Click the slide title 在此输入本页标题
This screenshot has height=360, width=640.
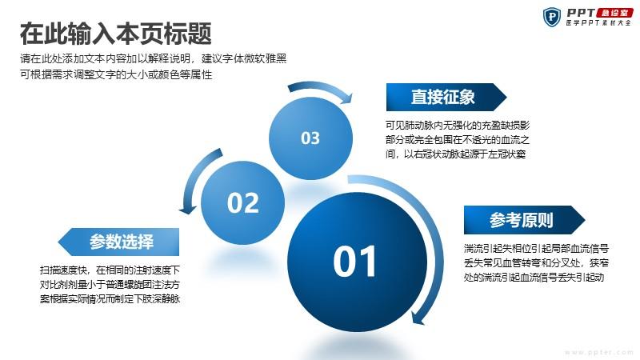coord(115,34)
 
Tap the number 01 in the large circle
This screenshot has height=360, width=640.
coord(354,262)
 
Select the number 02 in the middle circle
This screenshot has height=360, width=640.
coord(243,203)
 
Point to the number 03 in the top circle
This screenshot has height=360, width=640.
coord(310,138)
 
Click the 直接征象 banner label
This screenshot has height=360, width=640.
coord(443,97)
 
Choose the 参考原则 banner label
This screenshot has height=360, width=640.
coord(522,220)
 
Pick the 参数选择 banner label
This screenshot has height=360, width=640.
coord(122,242)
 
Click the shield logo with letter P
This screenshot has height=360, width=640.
coord(552,18)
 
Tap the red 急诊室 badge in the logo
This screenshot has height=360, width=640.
coord(614,13)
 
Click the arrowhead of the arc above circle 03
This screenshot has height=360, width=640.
coord(347,98)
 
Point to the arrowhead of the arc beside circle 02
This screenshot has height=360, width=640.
coord(188,209)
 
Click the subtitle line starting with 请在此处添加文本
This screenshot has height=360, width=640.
coord(153,58)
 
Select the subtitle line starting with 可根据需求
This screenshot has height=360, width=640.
coord(116,74)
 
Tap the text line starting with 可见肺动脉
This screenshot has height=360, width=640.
coord(458,126)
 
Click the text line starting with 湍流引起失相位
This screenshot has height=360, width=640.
coord(536,248)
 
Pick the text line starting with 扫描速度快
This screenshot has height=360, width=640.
coord(110,270)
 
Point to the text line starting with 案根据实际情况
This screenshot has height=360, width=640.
coord(110,298)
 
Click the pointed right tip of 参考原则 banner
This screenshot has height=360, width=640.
coord(585,220)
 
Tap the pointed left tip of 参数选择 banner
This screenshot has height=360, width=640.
coord(58,242)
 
